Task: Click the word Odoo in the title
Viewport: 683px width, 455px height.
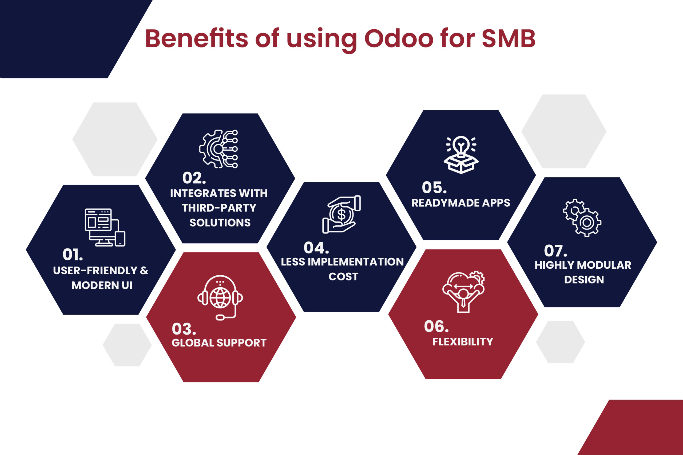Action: (398, 39)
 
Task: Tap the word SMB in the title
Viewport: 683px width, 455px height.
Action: (508, 39)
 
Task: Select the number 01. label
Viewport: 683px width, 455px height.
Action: (73, 255)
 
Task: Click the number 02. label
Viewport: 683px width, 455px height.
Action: (194, 178)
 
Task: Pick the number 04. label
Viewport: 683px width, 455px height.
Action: (316, 248)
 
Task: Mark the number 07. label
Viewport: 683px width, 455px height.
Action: (555, 251)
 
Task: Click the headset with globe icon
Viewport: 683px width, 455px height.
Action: (220, 297)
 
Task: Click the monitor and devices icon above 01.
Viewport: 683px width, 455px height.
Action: (105, 227)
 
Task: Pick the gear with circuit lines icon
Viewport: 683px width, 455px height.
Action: (219, 149)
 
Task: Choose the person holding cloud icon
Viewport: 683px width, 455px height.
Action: (463, 292)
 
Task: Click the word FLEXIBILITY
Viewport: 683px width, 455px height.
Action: (463, 342)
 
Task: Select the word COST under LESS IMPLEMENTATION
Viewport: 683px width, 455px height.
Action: (343, 276)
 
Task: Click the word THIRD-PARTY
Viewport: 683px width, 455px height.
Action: (219, 208)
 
